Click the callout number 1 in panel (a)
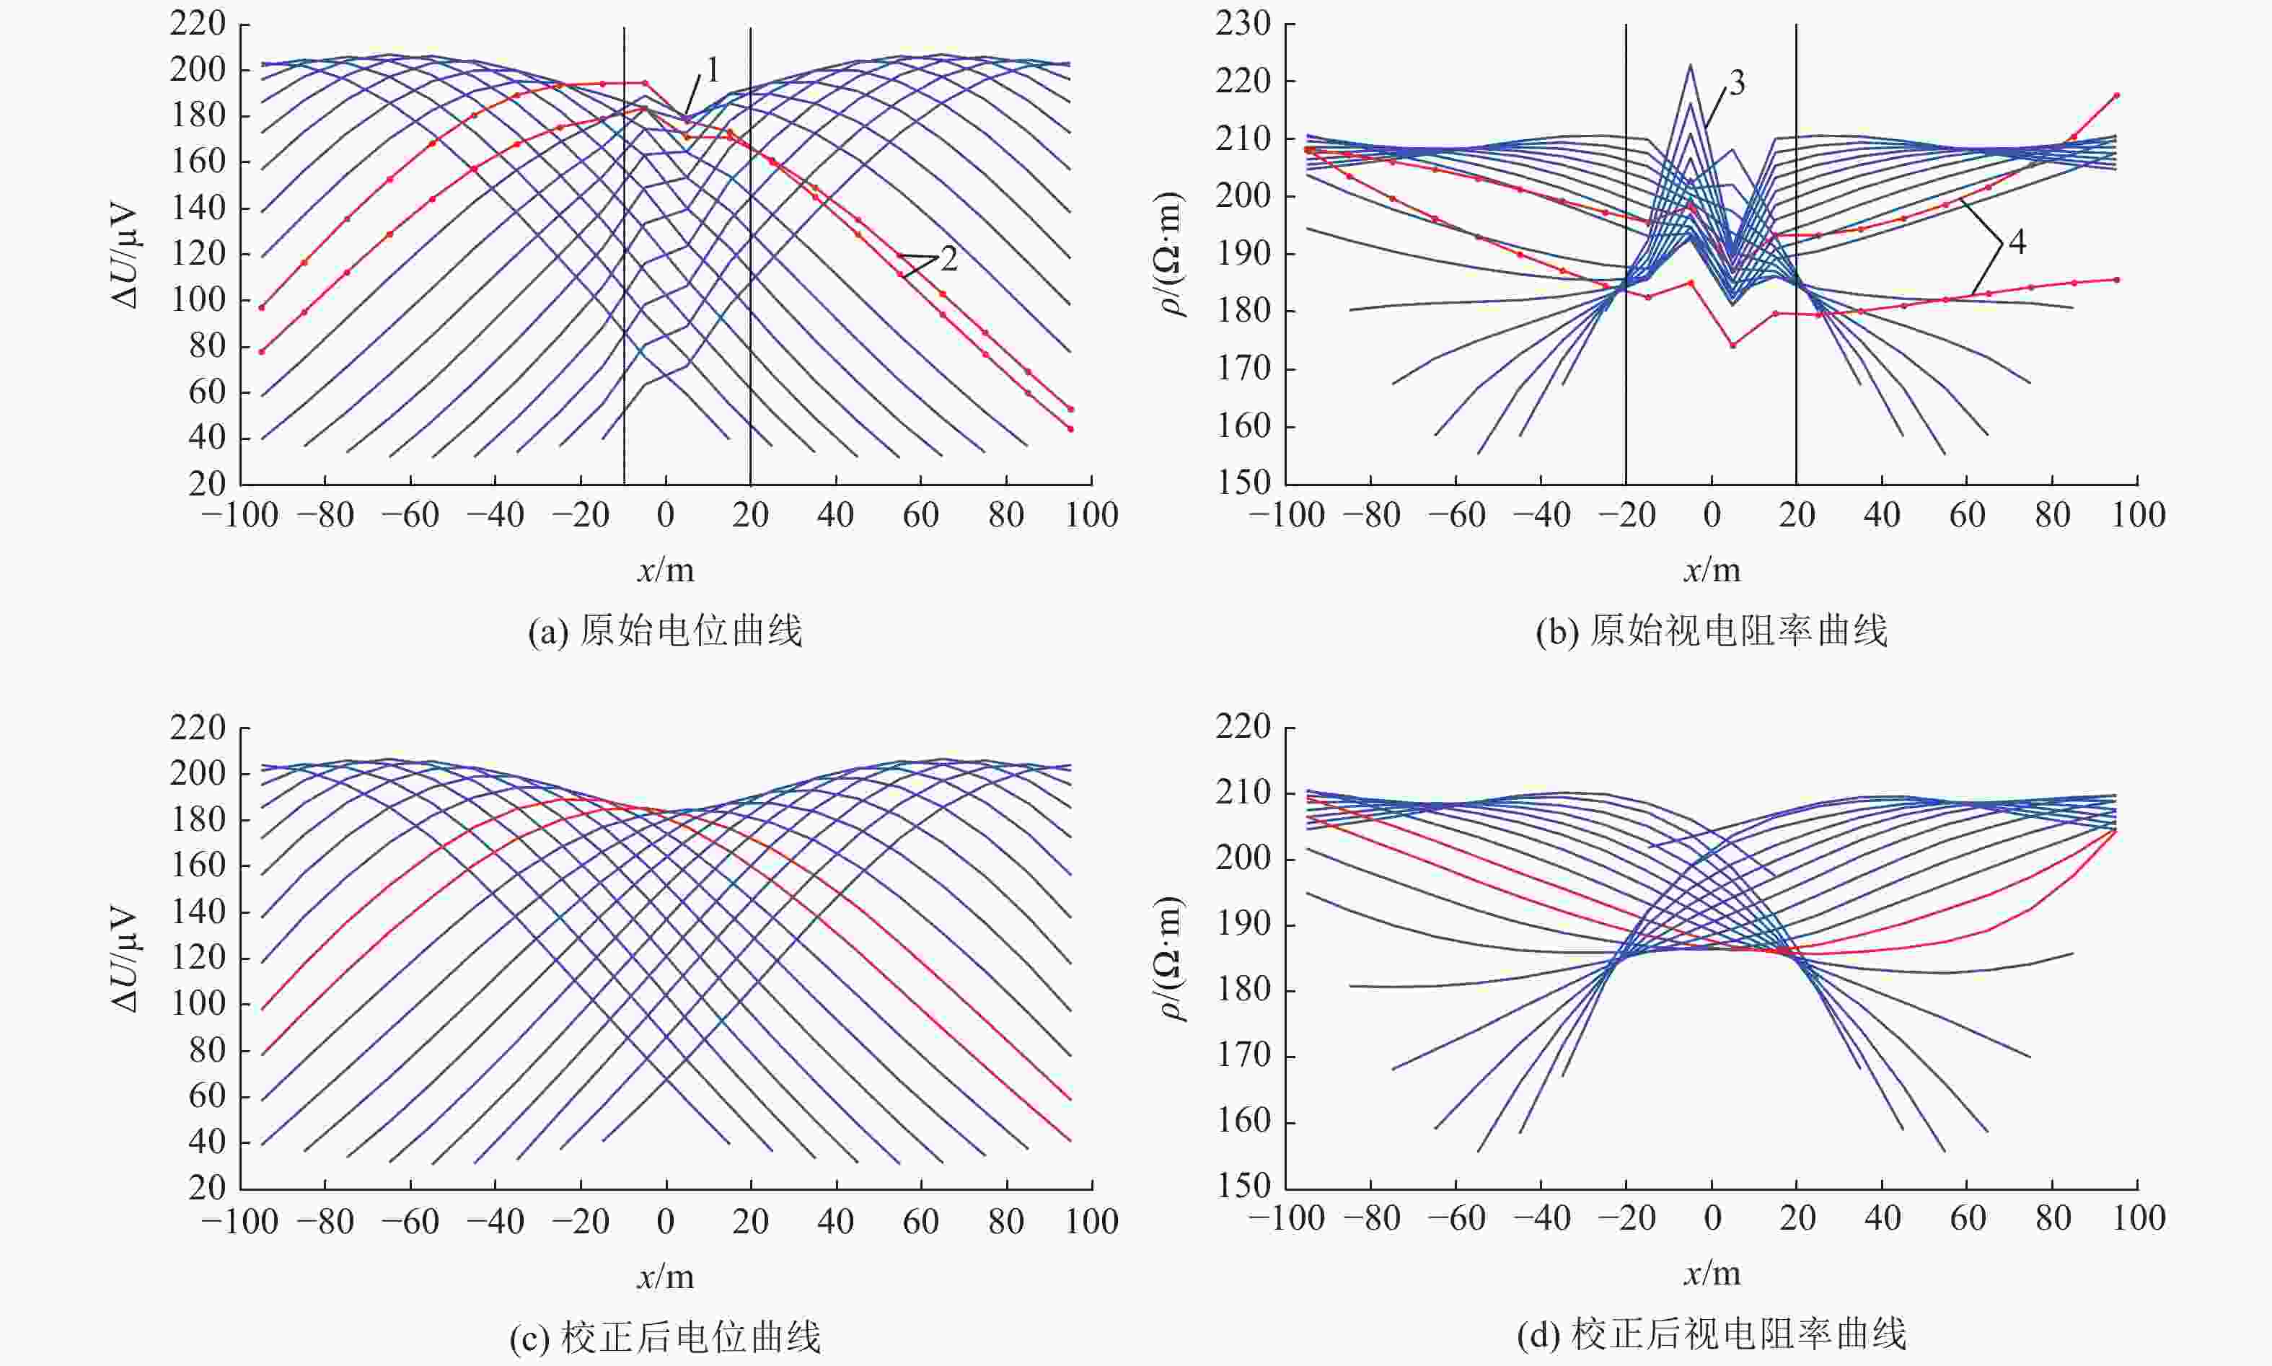point(712,69)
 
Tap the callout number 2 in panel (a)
point(948,259)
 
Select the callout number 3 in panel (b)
point(1736,83)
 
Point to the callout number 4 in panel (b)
point(2016,242)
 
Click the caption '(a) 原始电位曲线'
point(665,632)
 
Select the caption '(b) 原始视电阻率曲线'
point(1712,632)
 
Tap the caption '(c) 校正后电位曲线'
point(665,1336)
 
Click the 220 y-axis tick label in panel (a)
point(198,23)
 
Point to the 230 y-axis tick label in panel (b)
point(1243,23)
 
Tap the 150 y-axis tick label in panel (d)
point(1243,1186)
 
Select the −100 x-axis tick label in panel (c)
point(239,1222)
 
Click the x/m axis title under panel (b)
point(1712,570)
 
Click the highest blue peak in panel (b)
point(1690,66)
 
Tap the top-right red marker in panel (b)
point(2116,94)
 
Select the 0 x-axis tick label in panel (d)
point(1712,1220)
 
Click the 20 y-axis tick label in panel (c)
point(206,1189)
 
